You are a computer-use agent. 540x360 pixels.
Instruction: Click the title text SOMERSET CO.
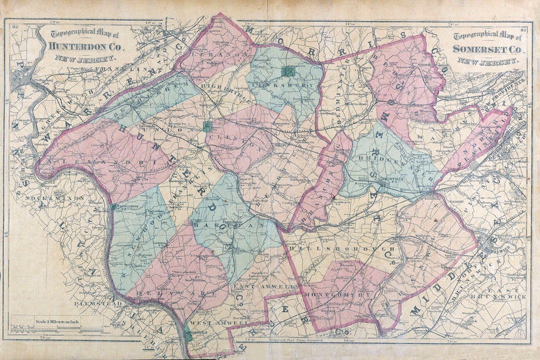pos(487,49)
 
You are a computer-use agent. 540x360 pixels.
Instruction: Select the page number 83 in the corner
pos(523,31)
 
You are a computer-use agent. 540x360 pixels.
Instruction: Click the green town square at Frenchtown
pos(114,206)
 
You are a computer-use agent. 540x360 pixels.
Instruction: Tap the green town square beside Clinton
pos(207,126)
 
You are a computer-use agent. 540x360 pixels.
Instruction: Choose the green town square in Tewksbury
pos(287,71)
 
